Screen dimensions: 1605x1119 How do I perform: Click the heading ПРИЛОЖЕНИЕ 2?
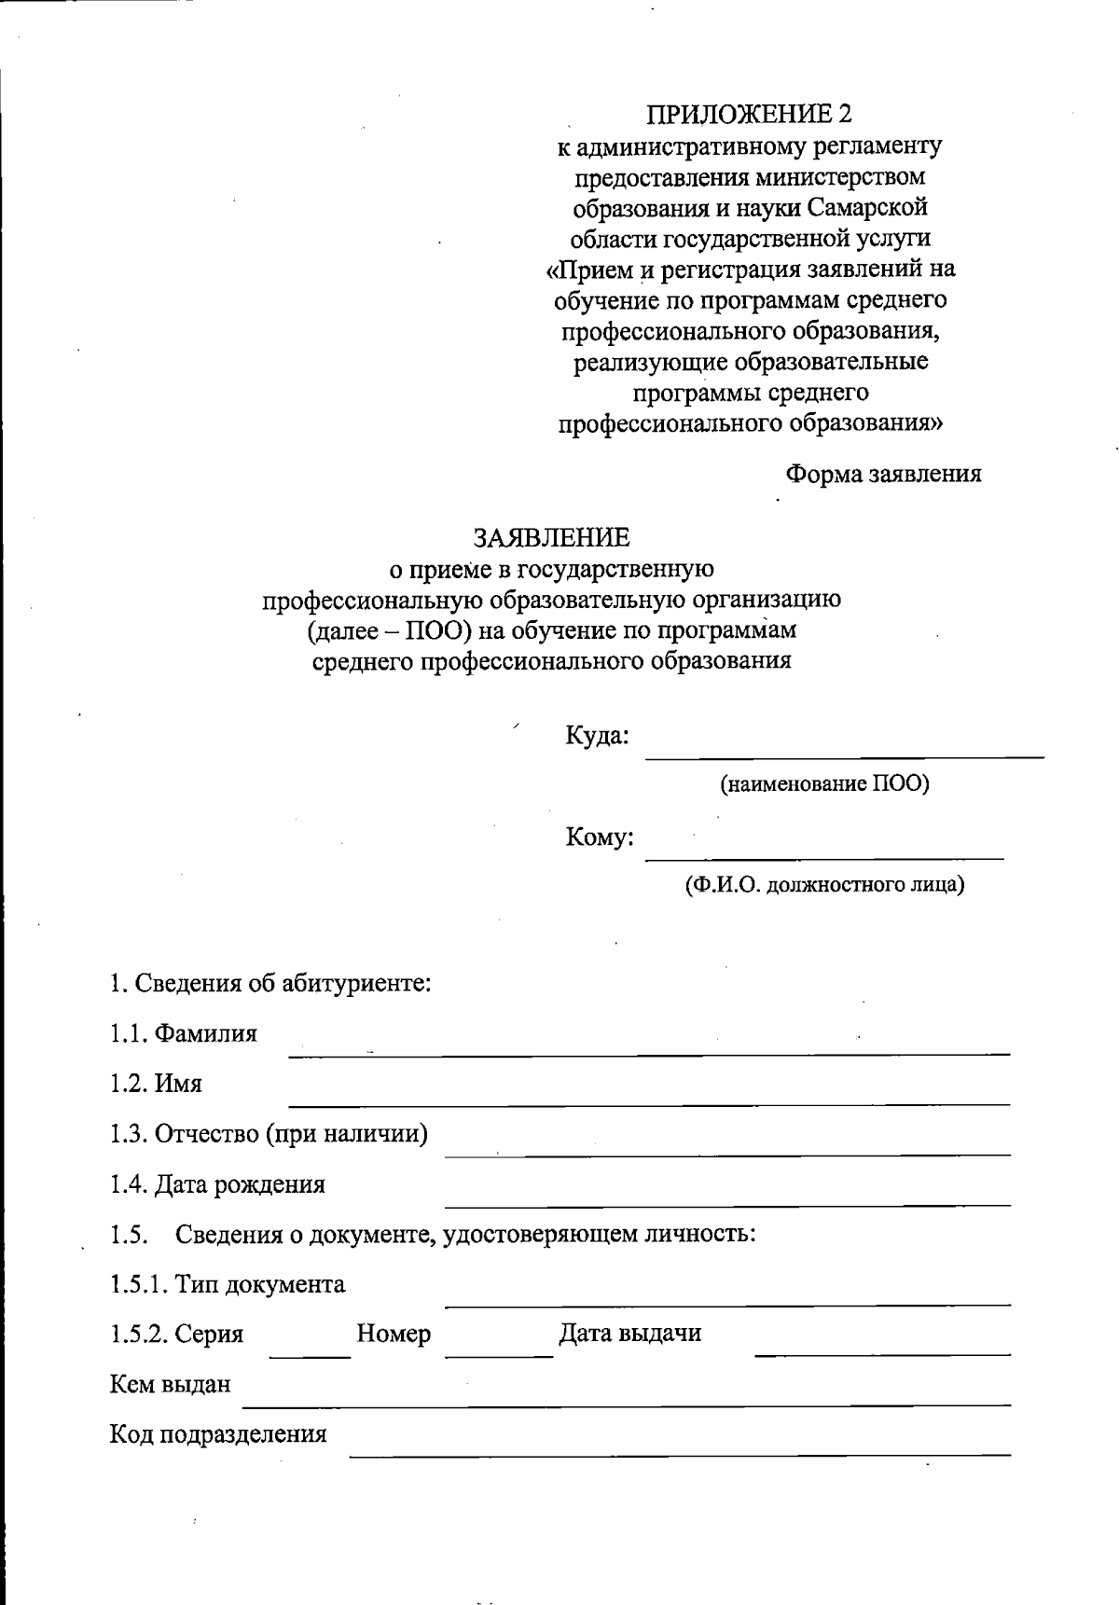[x=750, y=114]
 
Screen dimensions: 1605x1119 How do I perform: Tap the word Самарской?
[x=868, y=206]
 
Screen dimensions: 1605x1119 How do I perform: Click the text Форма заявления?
[x=883, y=474]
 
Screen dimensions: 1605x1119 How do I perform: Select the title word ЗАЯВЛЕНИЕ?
[x=552, y=538]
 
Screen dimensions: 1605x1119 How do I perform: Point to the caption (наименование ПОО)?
[x=824, y=783]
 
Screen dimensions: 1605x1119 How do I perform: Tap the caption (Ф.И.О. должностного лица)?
[x=824, y=884]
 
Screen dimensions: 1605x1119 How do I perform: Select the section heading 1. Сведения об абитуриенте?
[x=270, y=983]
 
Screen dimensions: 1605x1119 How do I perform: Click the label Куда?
[x=597, y=736]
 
